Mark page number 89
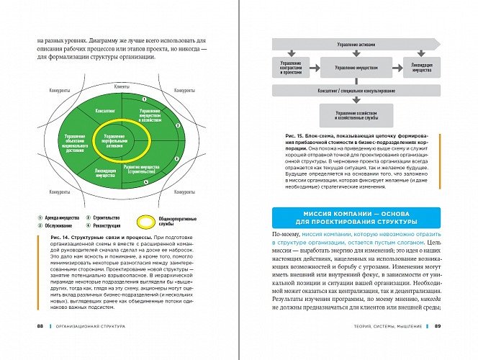436,345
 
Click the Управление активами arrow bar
348,45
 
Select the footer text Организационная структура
90,345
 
